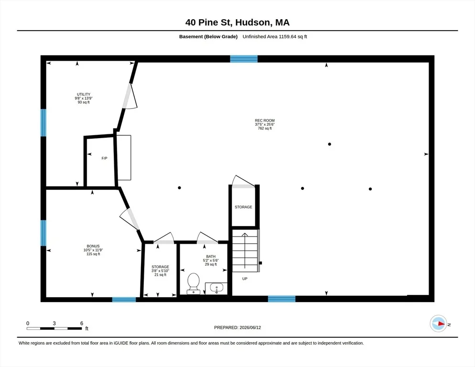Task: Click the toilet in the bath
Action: [x=193, y=283]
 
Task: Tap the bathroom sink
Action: [x=216, y=288]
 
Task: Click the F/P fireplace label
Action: [x=104, y=158]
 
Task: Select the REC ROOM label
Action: [x=265, y=120]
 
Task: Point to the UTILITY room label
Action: [x=84, y=94]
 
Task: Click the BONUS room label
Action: [x=93, y=246]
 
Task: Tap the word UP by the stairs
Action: [x=245, y=279]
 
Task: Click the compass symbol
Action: [x=438, y=324]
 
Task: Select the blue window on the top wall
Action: [x=244, y=59]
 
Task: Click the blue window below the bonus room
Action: [x=124, y=300]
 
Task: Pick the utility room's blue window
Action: [x=43, y=123]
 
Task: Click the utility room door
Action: [x=130, y=97]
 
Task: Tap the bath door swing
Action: [x=207, y=238]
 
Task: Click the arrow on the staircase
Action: [x=245, y=251]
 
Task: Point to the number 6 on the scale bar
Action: [x=82, y=323]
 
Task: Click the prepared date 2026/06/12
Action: [x=250, y=327]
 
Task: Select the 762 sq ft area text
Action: [x=265, y=128]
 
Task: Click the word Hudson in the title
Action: [x=253, y=22]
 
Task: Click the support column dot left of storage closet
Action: [x=179, y=188]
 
